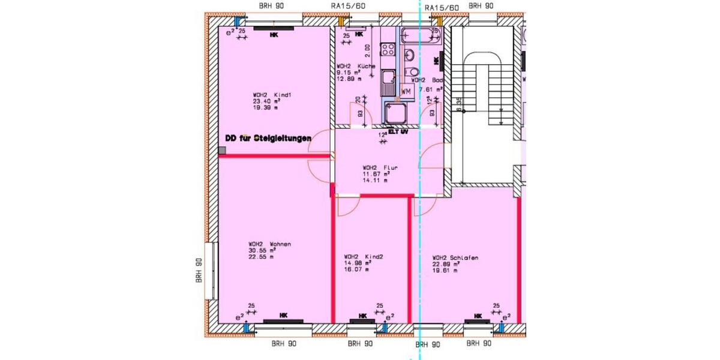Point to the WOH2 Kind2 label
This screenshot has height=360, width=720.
(359, 256)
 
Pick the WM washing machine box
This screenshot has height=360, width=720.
(406, 91)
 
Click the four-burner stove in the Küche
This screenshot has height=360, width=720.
(387, 48)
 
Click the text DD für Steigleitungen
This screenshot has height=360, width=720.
(268, 137)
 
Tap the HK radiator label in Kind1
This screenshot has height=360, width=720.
(274, 35)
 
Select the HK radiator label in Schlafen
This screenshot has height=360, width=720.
(478, 316)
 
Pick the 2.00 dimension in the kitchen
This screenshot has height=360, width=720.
(368, 48)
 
